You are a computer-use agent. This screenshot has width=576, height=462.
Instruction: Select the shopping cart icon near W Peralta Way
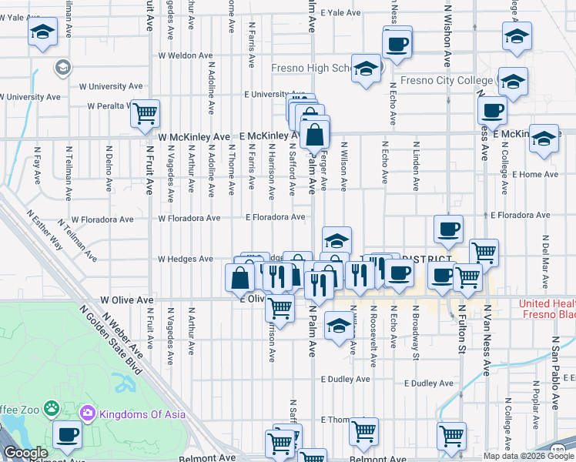pos(145,115)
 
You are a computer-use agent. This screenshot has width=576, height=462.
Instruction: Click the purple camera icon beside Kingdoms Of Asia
pos(87,414)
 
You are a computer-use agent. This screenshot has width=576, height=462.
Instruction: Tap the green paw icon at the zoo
pos(52,406)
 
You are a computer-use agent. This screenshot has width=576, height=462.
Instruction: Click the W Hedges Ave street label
pos(186,259)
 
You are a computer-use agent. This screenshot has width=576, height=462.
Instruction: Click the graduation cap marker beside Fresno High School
pos(367,69)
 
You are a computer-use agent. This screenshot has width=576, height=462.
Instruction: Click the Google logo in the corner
pos(25,453)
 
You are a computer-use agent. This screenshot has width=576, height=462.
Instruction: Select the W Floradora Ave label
pos(189,218)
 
